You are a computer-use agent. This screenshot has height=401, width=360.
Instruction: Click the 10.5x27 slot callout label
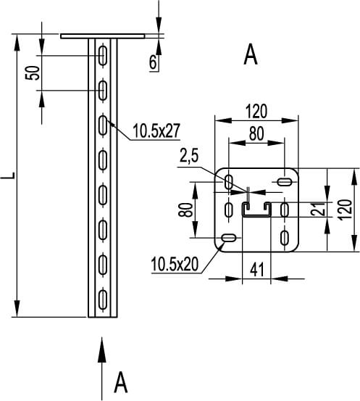point(156,131)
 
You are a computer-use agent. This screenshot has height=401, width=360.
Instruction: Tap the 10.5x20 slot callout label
point(175,264)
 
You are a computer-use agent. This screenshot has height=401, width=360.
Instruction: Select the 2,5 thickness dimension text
point(189,156)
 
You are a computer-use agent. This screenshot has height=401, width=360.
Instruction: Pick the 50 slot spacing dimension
point(33,73)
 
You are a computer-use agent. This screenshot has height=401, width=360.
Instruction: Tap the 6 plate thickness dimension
point(153,62)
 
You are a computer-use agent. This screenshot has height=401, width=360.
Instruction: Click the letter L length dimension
point(7,175)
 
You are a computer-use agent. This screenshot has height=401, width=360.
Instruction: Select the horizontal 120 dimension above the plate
point(256,112)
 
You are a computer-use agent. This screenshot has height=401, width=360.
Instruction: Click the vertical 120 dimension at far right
point(345,210)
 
